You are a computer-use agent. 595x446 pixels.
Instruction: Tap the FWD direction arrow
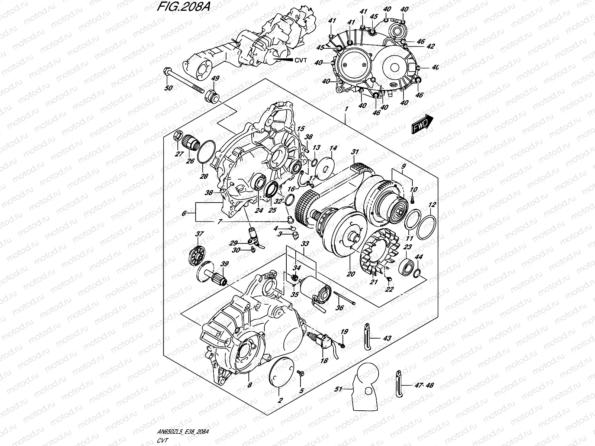(x=422, y=124)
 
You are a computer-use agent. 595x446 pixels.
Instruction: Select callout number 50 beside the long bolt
(x=169, y=88)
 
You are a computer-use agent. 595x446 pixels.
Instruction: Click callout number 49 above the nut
(x=214, y=79)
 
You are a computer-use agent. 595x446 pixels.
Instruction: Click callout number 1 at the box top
(x=346, y=110)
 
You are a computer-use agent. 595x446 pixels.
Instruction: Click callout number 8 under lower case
(x=250, y=385)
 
